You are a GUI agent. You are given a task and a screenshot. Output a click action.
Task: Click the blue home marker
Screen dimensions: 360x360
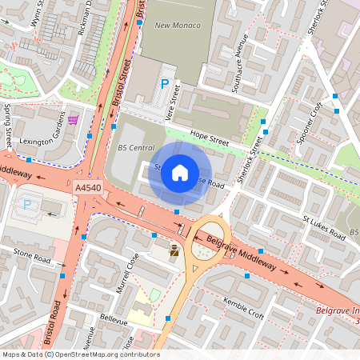point(180,173)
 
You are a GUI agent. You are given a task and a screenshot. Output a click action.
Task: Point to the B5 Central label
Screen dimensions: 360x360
point(135,148)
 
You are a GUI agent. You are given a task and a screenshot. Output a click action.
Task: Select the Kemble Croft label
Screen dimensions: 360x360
point(244,310)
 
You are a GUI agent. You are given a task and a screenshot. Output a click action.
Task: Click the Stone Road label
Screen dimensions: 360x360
point(31,257)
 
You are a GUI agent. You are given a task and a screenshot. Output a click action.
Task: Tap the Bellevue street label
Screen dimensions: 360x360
point(102,318)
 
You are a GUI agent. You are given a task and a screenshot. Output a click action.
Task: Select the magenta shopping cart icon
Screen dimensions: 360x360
point(74,120)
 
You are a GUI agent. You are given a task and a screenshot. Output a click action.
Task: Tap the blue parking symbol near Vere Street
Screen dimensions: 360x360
point(166,83)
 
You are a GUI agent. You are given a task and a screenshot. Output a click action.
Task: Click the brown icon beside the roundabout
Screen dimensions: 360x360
point(174,251)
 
